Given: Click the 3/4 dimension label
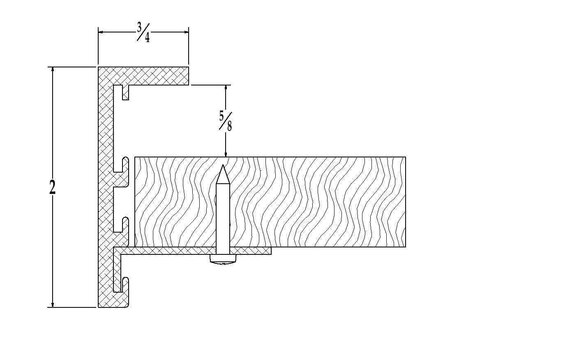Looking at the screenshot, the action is [x=143, y=32].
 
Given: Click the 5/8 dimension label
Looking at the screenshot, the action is [x=226, y=121].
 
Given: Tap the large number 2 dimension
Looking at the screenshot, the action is [x=52, y=187].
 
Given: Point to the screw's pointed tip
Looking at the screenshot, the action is [x=223, y=165].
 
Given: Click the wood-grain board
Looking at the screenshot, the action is [x=270, y=202].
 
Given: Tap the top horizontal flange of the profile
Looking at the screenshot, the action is [x=143, y=76].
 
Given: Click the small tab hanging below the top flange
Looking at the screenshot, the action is [x=126, y=92].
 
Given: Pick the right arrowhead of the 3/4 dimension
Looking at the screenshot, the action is [x=186, y=32].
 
